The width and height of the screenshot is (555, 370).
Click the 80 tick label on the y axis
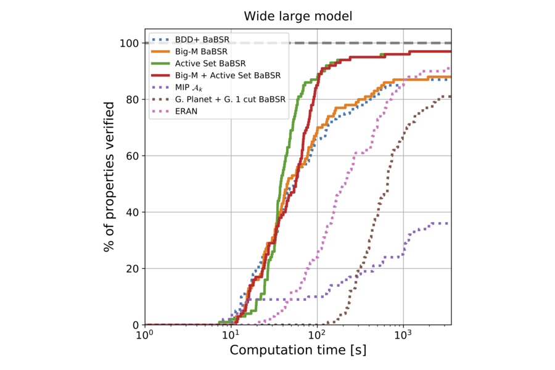pos(131,99)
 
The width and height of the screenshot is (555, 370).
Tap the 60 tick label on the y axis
pos(131,156)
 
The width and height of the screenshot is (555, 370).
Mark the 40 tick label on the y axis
pos(131,212)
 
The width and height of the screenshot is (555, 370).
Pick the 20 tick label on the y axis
pos(131,269)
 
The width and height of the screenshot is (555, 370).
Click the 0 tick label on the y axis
pos(134,325)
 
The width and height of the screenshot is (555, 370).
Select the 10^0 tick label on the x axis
pos(145,336)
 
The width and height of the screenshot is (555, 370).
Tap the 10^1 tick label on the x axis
pos(231,336)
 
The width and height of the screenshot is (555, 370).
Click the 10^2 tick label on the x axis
pos(317,336)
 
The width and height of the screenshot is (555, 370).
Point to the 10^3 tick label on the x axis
pos(403,336)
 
